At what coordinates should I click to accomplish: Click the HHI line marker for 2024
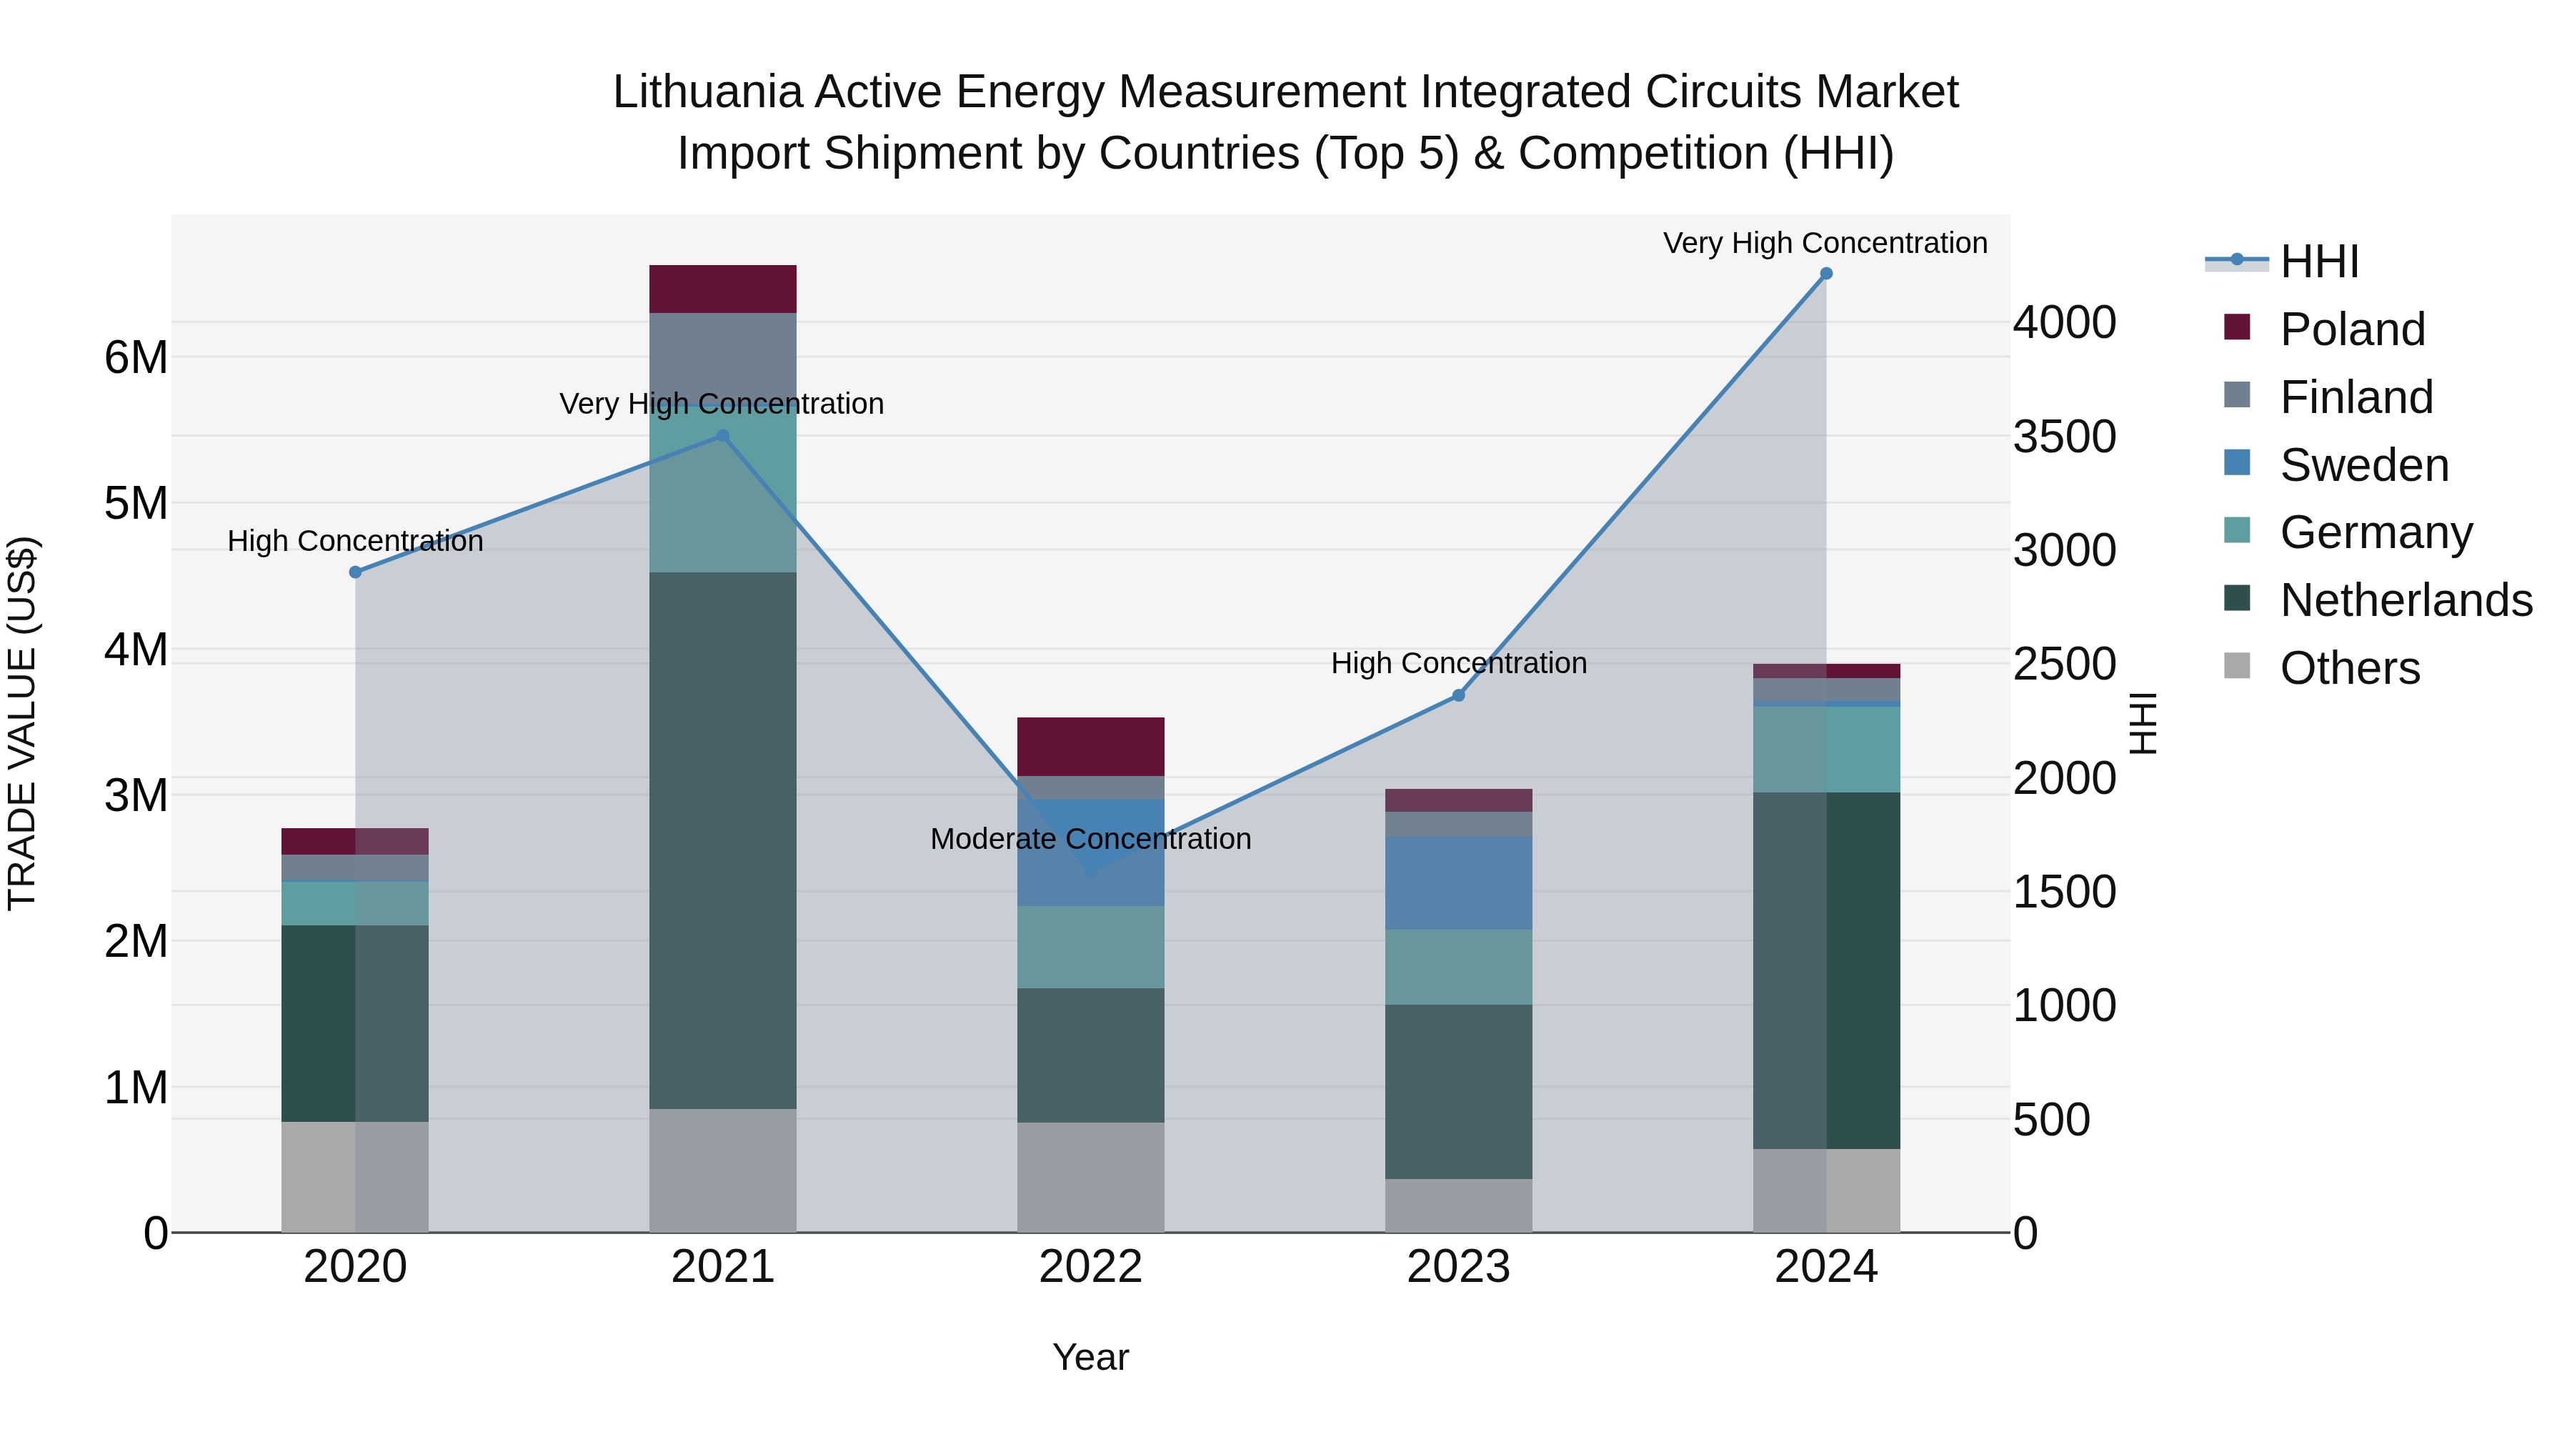1825,274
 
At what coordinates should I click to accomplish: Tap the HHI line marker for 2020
356,572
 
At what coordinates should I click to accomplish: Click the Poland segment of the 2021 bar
723,289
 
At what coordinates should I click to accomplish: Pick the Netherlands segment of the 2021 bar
723,839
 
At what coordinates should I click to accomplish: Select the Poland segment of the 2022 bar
1090,746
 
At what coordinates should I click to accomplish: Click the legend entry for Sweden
2363,465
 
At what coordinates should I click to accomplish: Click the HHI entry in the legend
2318,262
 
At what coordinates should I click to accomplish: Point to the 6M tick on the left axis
136,357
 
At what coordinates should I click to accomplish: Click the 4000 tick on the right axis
2063,322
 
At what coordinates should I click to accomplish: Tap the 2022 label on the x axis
1090,1267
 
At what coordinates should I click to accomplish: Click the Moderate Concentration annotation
1090,839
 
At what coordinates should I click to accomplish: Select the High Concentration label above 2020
356,541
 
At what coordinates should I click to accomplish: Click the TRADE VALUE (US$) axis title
22,723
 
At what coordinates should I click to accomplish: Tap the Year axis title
1090,1357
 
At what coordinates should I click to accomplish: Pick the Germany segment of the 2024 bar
1825,749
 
